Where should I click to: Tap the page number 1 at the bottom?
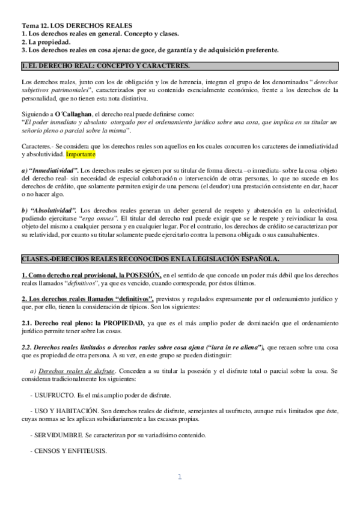pyautogui.click(x=179, y=478)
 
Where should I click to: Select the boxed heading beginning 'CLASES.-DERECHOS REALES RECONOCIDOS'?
pyautogui.click(x=149, y=259)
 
